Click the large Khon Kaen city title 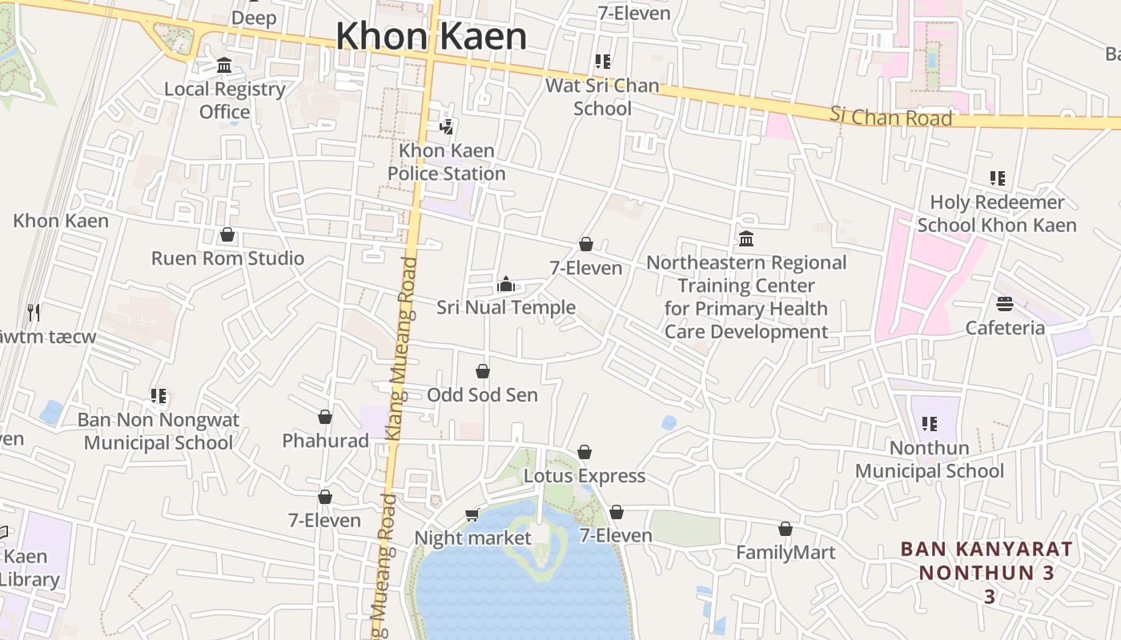coord(431,37)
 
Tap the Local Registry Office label coord(225,100)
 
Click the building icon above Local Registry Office coord(224,66)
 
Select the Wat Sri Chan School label coord(602,97)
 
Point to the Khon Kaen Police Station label coord(447,162)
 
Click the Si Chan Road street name coord(890,117)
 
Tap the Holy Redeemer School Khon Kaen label coord(997,214)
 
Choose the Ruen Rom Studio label coord(228,258)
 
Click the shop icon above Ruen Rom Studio coord(227,235)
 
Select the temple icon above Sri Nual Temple coord(505,284)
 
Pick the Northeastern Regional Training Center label coord(746,297)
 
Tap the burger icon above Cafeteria coord(1005,304)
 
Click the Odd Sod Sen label coord(482,395)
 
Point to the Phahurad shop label coord(325,441)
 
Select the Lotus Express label coord(585,476)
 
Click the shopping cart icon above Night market coord(472,514)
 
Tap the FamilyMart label coord(786,553)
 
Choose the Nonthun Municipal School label coord(929,459)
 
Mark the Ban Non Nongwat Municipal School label coord(159,431)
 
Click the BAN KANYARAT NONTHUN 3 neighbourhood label coord(986,572)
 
